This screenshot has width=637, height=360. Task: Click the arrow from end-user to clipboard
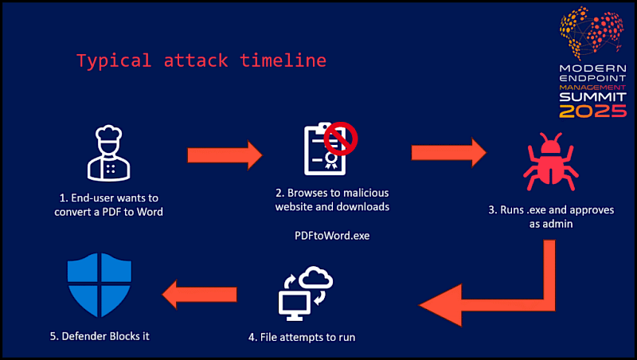tap(224, 152)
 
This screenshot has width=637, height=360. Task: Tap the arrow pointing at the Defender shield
tap(200, 296)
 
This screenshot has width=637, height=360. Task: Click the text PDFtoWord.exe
tap(331, 237)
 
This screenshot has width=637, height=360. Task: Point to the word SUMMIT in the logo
tap(592, 96)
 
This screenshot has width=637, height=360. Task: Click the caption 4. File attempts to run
tap(301, 337)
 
